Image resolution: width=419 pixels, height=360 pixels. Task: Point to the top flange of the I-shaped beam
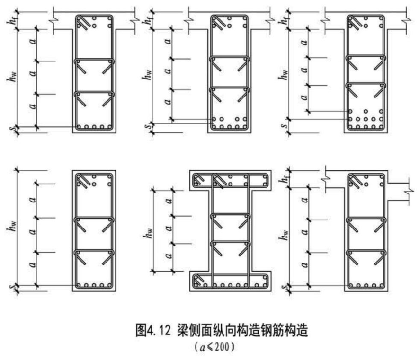[x=230, y=178]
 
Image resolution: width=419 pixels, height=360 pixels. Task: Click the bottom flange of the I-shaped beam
[x=230, y=284]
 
